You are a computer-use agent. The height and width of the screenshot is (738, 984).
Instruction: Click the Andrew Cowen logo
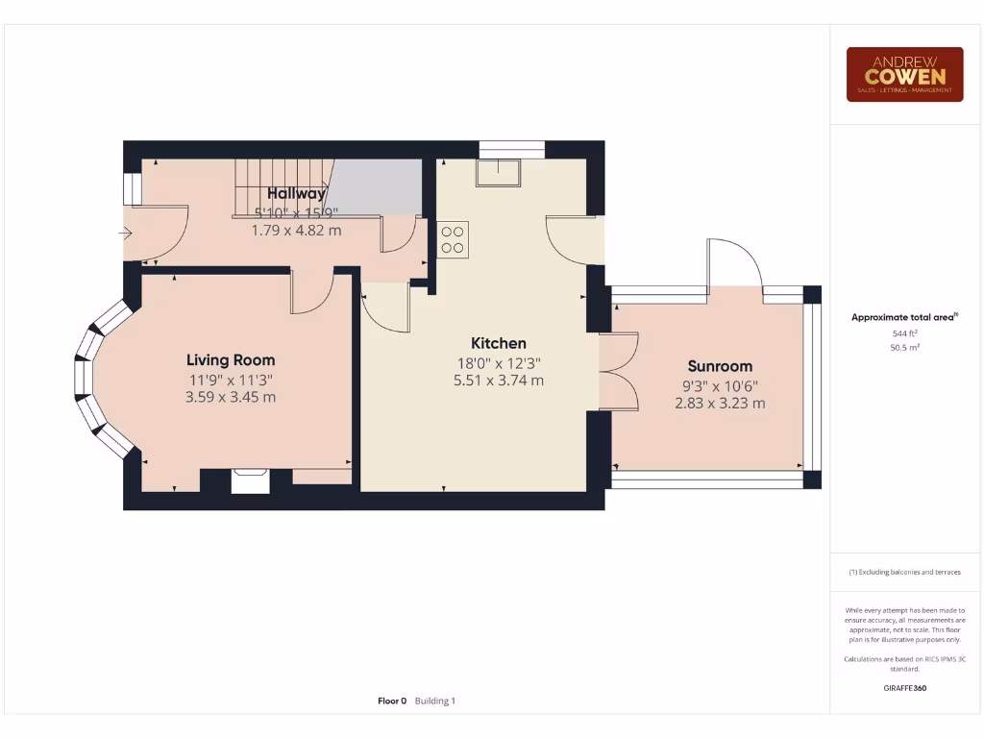click(904, 74)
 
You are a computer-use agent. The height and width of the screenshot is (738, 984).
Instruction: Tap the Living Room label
click(231, 360)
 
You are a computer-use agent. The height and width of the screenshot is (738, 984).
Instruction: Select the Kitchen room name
click(498, 343)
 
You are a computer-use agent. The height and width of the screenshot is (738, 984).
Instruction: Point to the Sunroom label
click(720, 366)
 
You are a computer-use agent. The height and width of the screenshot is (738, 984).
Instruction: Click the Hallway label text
click(296, 194)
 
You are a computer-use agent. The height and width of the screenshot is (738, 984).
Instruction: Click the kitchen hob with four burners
click(453, 238)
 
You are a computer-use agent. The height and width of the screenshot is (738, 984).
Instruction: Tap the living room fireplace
click(250, 480)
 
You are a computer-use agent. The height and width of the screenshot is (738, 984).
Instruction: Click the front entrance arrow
click(126, 233)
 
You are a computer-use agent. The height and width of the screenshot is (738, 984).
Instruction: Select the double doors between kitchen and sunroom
click(618, 371)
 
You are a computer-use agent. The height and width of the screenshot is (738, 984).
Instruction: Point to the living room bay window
click(96, 379)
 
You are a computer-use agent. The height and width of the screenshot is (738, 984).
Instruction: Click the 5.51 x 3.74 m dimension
click(498, 381)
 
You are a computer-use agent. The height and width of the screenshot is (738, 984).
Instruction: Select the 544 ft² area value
click(904, 332)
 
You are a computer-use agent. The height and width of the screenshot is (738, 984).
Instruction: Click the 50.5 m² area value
click(904, 347)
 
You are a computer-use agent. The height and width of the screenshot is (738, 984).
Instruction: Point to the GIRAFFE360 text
click(904, 688)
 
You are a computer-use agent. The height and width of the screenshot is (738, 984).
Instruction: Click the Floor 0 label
click(392, 701)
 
